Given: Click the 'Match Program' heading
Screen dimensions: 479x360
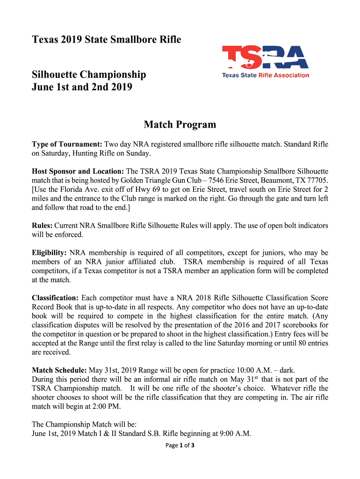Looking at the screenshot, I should [x=180, y=124].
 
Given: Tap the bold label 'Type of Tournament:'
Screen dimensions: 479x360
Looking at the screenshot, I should [x=67, y=144].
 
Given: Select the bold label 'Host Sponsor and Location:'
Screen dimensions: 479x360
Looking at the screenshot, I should [x=78, y=171].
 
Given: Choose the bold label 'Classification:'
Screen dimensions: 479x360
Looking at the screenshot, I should [x=55, y=298].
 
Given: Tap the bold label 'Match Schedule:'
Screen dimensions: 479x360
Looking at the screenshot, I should [x=59, y=370].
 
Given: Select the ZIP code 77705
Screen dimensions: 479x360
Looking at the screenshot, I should [x=318, y=181].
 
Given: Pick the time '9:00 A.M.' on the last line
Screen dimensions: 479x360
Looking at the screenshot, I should [x=236, y=434].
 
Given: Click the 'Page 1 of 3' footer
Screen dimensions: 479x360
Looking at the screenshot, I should [x=180, y=445].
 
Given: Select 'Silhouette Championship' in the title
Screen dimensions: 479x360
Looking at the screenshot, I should [x=89, y=74].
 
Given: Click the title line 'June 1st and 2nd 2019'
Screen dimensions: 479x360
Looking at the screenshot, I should [x=82, y=87].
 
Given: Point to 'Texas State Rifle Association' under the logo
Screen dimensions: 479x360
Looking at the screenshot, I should [x=265, y=75].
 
